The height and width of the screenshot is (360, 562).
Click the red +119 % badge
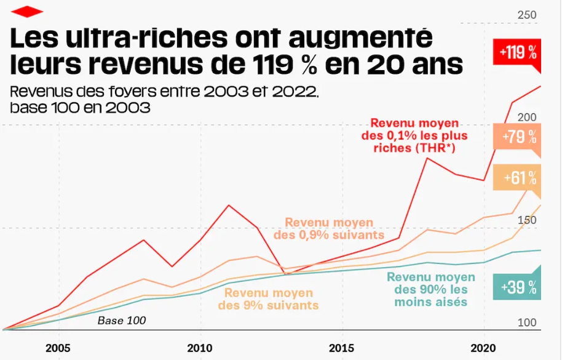click(x=518, y=52)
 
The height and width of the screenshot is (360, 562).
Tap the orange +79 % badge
click(x=518, y=137)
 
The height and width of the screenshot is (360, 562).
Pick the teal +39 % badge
click(x=518, y=287)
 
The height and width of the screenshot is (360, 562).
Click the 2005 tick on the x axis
click(x=58, y=347)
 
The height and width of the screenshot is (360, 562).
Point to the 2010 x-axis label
click(x=200, y=347)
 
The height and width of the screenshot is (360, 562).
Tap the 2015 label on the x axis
click(x=342, y=347)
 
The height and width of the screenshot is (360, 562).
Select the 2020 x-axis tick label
click(x=483, y=347)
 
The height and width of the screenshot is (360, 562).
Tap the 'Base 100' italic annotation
click(x=122, y=321)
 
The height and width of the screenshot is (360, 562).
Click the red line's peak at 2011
click(x=229, y=205)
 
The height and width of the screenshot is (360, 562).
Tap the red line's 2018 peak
click(x=427, y=158)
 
